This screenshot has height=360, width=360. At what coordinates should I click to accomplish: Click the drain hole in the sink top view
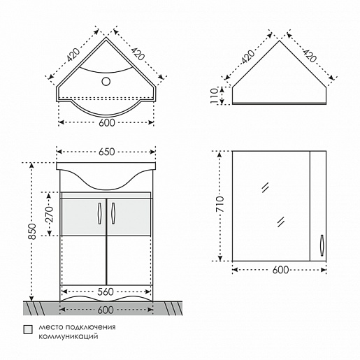click(x=106, y=81)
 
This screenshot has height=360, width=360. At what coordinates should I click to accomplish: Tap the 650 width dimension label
click(x=107, y=152)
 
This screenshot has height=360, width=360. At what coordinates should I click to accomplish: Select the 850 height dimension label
click(x=32, y=231)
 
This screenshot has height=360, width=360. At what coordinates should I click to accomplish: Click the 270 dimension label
click(x=50, y=214)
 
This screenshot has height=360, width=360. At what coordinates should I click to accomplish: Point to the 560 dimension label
click(x=105, y=291)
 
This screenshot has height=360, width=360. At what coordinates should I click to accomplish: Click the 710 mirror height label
click(x=219, y=204)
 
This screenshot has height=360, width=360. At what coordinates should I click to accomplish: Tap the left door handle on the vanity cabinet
click(x=99, y=213)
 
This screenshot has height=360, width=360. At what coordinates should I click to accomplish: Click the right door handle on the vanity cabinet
click(x=113, y=213)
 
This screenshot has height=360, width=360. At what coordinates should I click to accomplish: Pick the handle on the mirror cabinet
click(x=322, y=245)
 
